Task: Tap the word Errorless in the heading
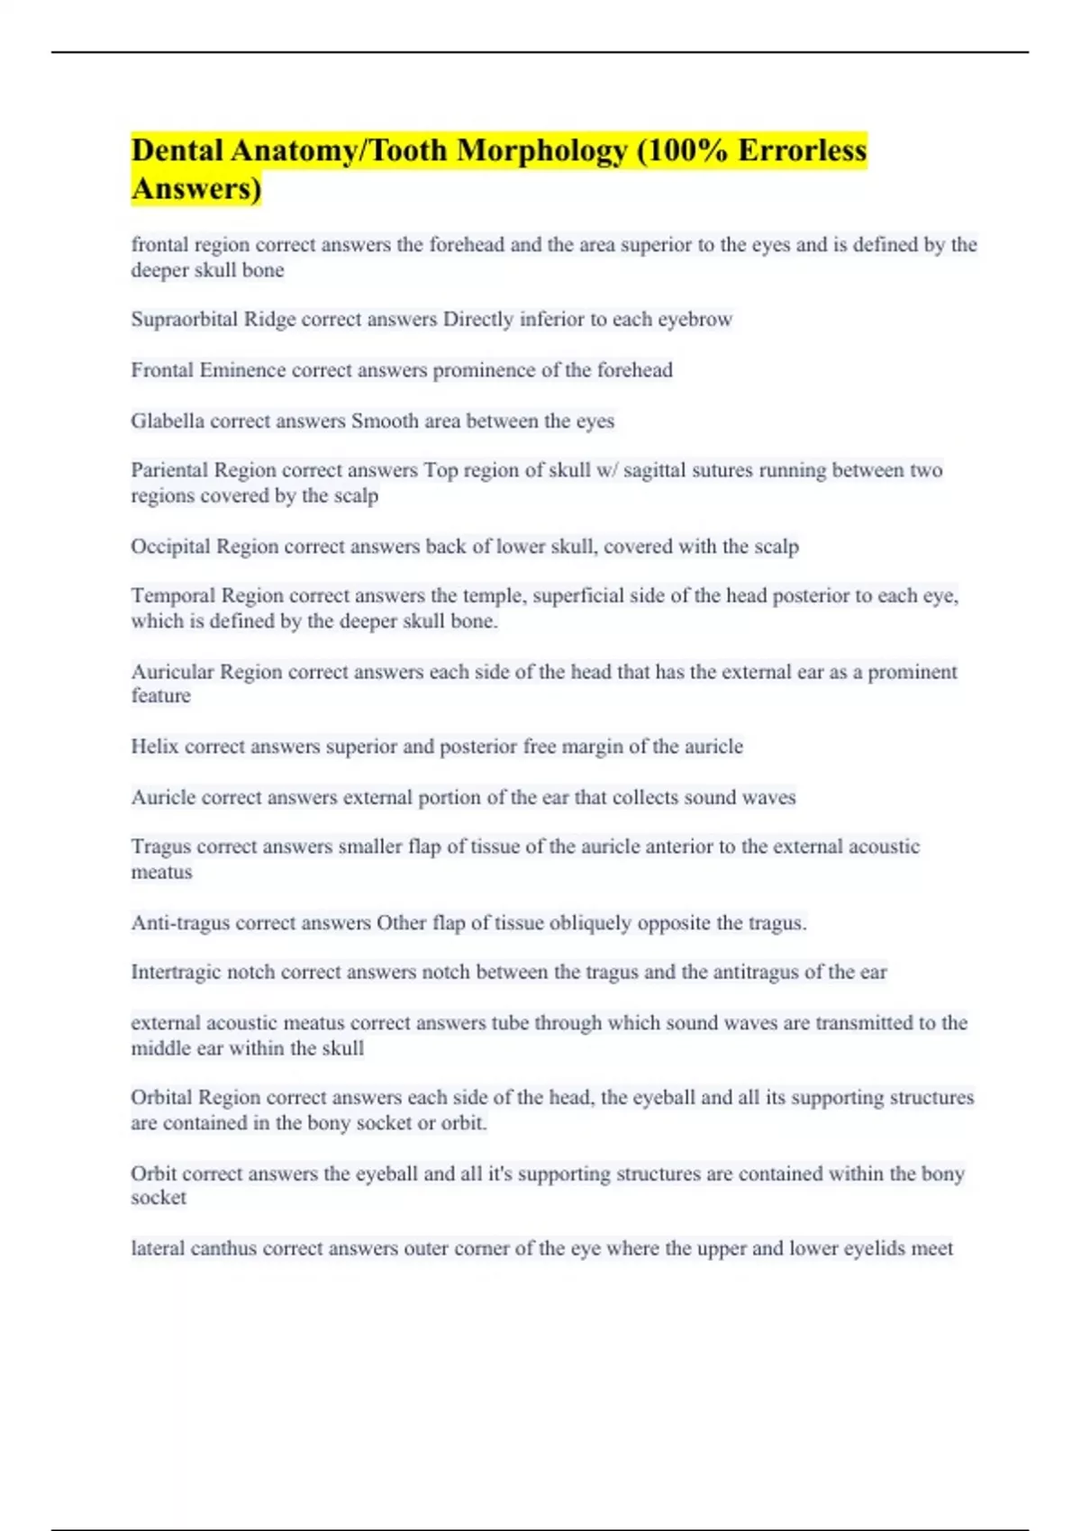[802, 150]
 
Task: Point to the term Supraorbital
[185, 320]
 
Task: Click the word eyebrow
[695, 320]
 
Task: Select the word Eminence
[242, 370]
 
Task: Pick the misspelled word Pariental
[168, 470]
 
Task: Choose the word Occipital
[170, 547]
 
